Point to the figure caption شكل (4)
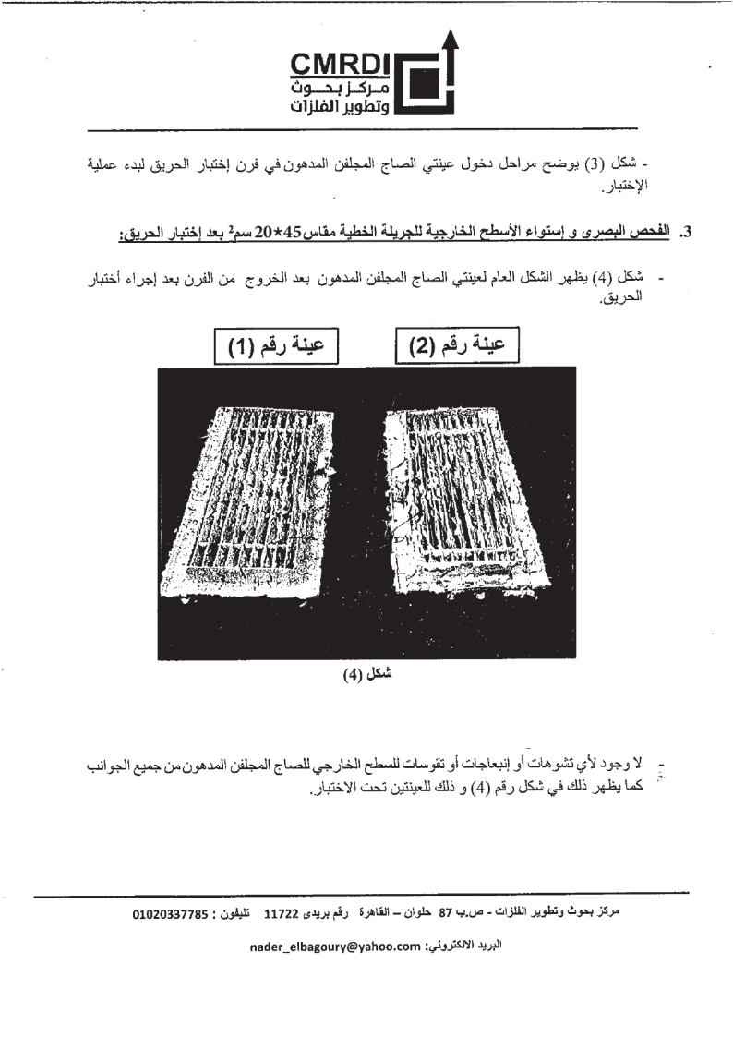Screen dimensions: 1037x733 (x=366, y=672)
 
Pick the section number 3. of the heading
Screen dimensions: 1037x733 (x=684, y=234)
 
